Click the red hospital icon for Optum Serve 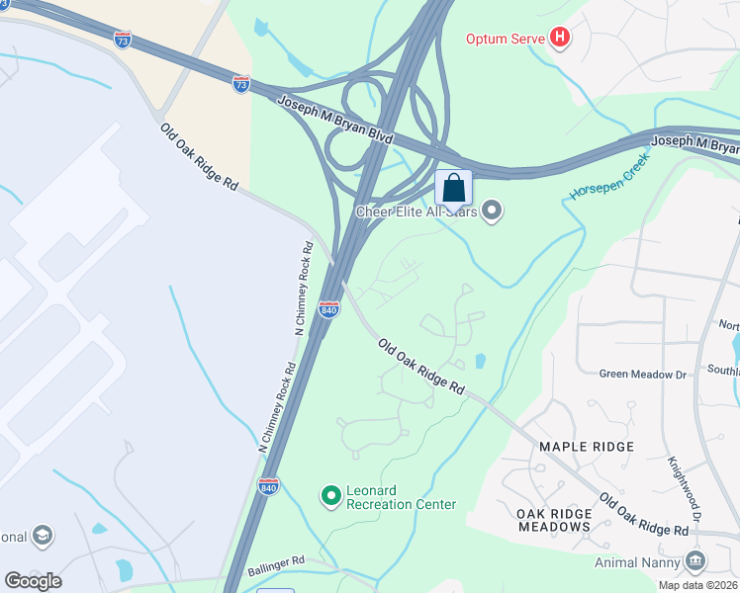coord(561,39)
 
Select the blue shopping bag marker coord(453,188)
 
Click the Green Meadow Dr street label coord(643,375)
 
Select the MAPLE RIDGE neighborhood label coord(587,447)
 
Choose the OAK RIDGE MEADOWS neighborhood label coord(554,520)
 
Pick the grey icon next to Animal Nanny coord(695,562)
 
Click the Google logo coord(33,581)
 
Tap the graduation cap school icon coord(42,536)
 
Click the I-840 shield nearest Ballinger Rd coord(268,485)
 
